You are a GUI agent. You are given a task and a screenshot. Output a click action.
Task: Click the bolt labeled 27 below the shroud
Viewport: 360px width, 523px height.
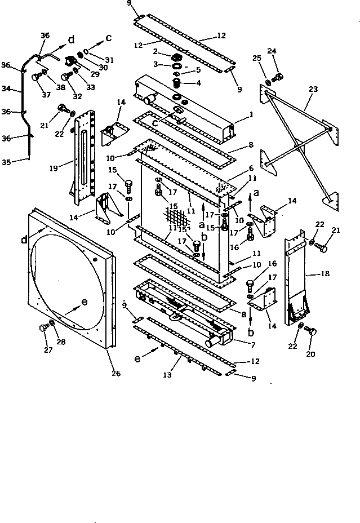(43, 328)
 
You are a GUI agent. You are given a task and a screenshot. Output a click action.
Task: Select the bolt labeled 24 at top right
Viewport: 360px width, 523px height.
(278, 76)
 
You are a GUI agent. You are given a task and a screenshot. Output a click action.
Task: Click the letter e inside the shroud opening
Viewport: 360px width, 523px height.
(85, 302)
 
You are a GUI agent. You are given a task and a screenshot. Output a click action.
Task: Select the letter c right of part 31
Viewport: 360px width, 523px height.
(110, 38)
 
